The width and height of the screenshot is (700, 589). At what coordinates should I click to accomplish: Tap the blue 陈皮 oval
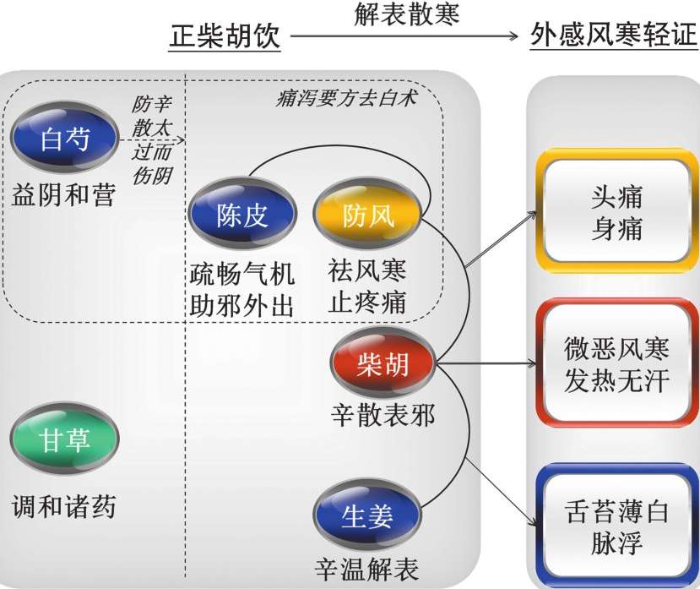click(242, 216)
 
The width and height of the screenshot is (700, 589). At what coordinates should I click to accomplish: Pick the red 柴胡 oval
click(383, 365)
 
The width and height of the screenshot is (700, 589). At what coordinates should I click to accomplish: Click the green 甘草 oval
click(65, 439)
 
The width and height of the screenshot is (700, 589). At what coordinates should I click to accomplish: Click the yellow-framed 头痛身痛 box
click(616, 212)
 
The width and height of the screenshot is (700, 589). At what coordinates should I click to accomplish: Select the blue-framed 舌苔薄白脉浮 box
click(616, 526)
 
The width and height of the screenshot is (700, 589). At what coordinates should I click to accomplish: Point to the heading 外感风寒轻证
click(614, 37)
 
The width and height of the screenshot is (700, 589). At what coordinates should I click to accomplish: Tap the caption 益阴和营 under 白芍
click(64, 195)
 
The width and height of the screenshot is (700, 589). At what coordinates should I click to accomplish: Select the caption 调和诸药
click(64, 507)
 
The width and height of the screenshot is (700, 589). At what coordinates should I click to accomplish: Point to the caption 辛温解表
click(366, 568)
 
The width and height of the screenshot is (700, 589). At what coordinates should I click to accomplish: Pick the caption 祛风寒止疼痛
click(368, 286)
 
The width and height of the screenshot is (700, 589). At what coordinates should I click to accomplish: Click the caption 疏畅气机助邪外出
click(242, 289)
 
